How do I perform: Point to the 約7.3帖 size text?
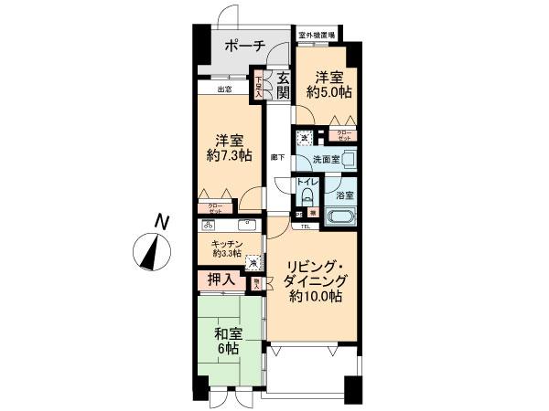click(228, 158)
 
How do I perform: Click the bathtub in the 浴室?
click(339, 218)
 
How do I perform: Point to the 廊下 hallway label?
click(277, 157)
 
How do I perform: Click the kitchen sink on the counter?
click(245, 225)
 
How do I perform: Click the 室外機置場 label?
click(316, 37)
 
